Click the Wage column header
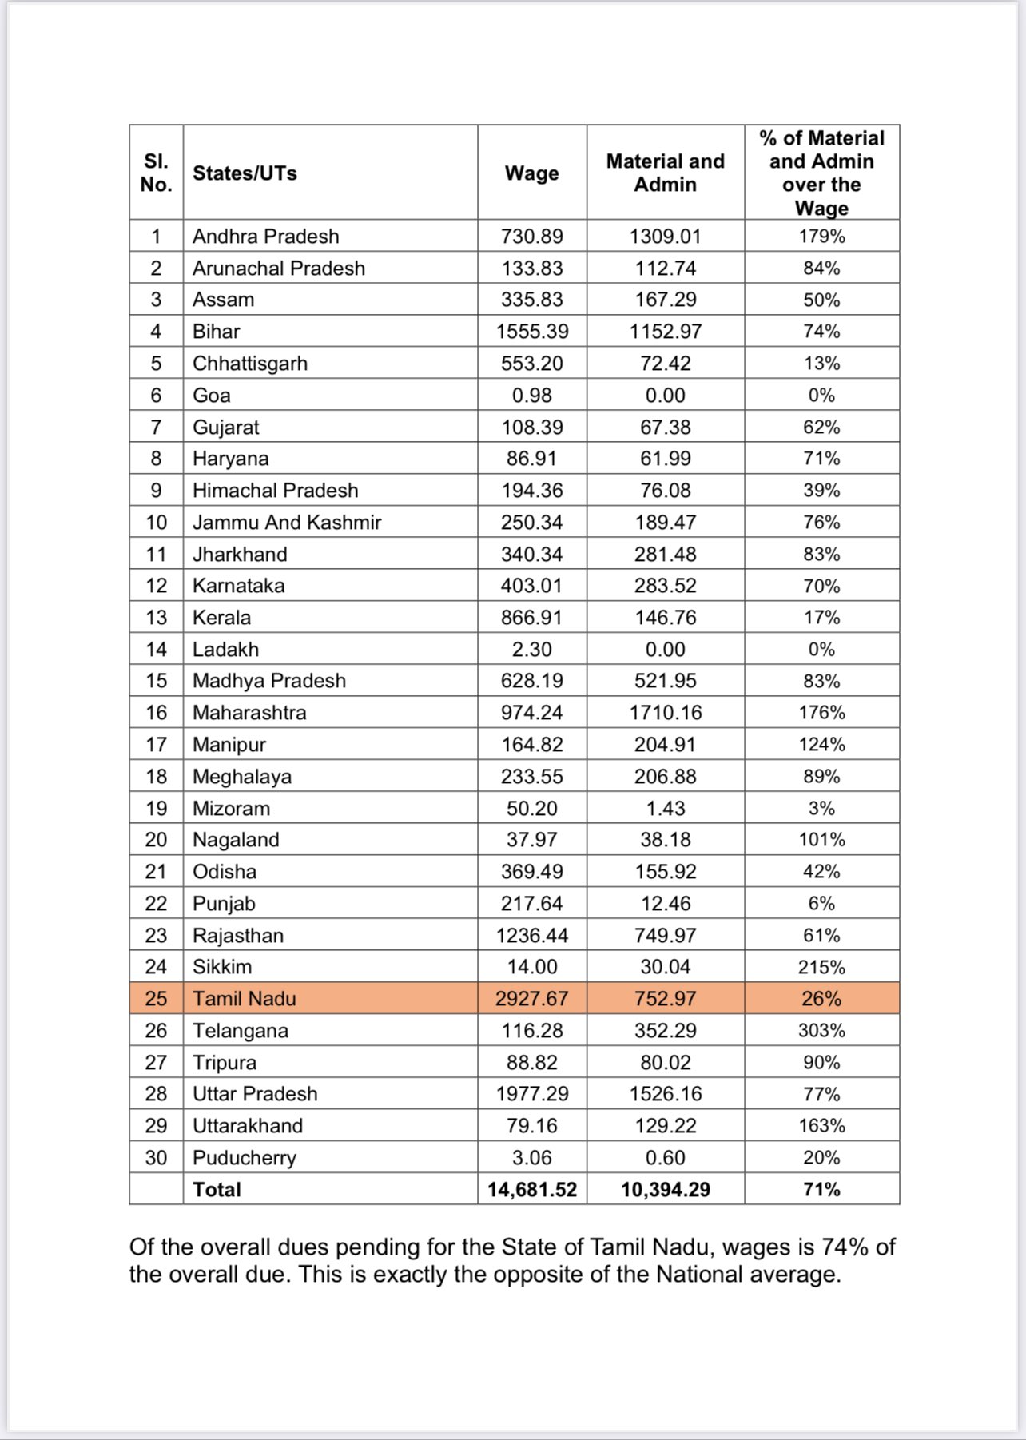click(x=531, y=173)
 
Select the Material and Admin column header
click(x=665, y=173)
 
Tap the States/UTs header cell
click(x=245, y=173)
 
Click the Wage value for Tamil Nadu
click(x=531, y=998)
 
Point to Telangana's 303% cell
click(x=821, y=1030)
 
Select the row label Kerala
click(x=221, y=617)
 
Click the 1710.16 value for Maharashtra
click(x=665, y=712)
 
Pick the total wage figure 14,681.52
click(x=531, y=1189)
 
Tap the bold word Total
click(x=217, y=1189)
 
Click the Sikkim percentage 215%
click(x=821, y=967)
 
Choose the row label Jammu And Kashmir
click(x=287, y=522)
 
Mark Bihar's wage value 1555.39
click(x=531, y=331)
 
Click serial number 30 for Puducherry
click(x=156, y=1157)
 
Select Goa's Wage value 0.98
click(x=531, y=395)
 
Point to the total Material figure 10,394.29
click(x=665, y=1189)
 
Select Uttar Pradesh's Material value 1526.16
click(x=665, y=1093)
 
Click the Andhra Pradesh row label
click(x=265, y=236)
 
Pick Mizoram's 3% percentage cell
click(x=821, y=808)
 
